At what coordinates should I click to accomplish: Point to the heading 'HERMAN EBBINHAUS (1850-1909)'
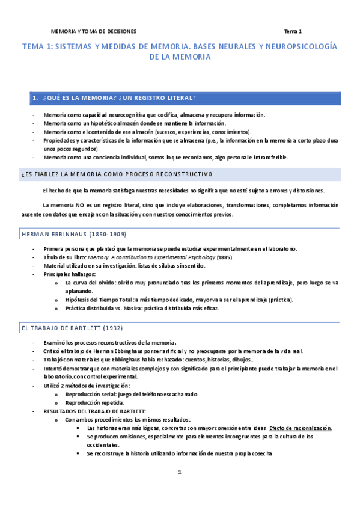point(73,234)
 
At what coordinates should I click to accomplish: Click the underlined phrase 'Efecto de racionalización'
point(301,428)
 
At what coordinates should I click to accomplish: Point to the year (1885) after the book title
point(225,257)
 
